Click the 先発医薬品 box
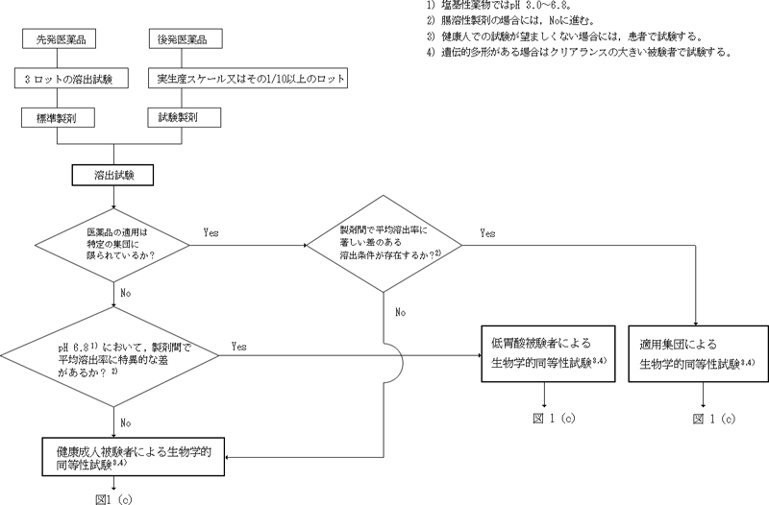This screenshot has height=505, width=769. (64, 40)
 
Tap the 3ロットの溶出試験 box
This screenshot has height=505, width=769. (64, 78)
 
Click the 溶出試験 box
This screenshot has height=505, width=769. (113, 177)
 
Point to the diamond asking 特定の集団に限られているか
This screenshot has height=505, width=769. (113, 245)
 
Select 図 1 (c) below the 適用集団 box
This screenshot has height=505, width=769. (712, 420)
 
